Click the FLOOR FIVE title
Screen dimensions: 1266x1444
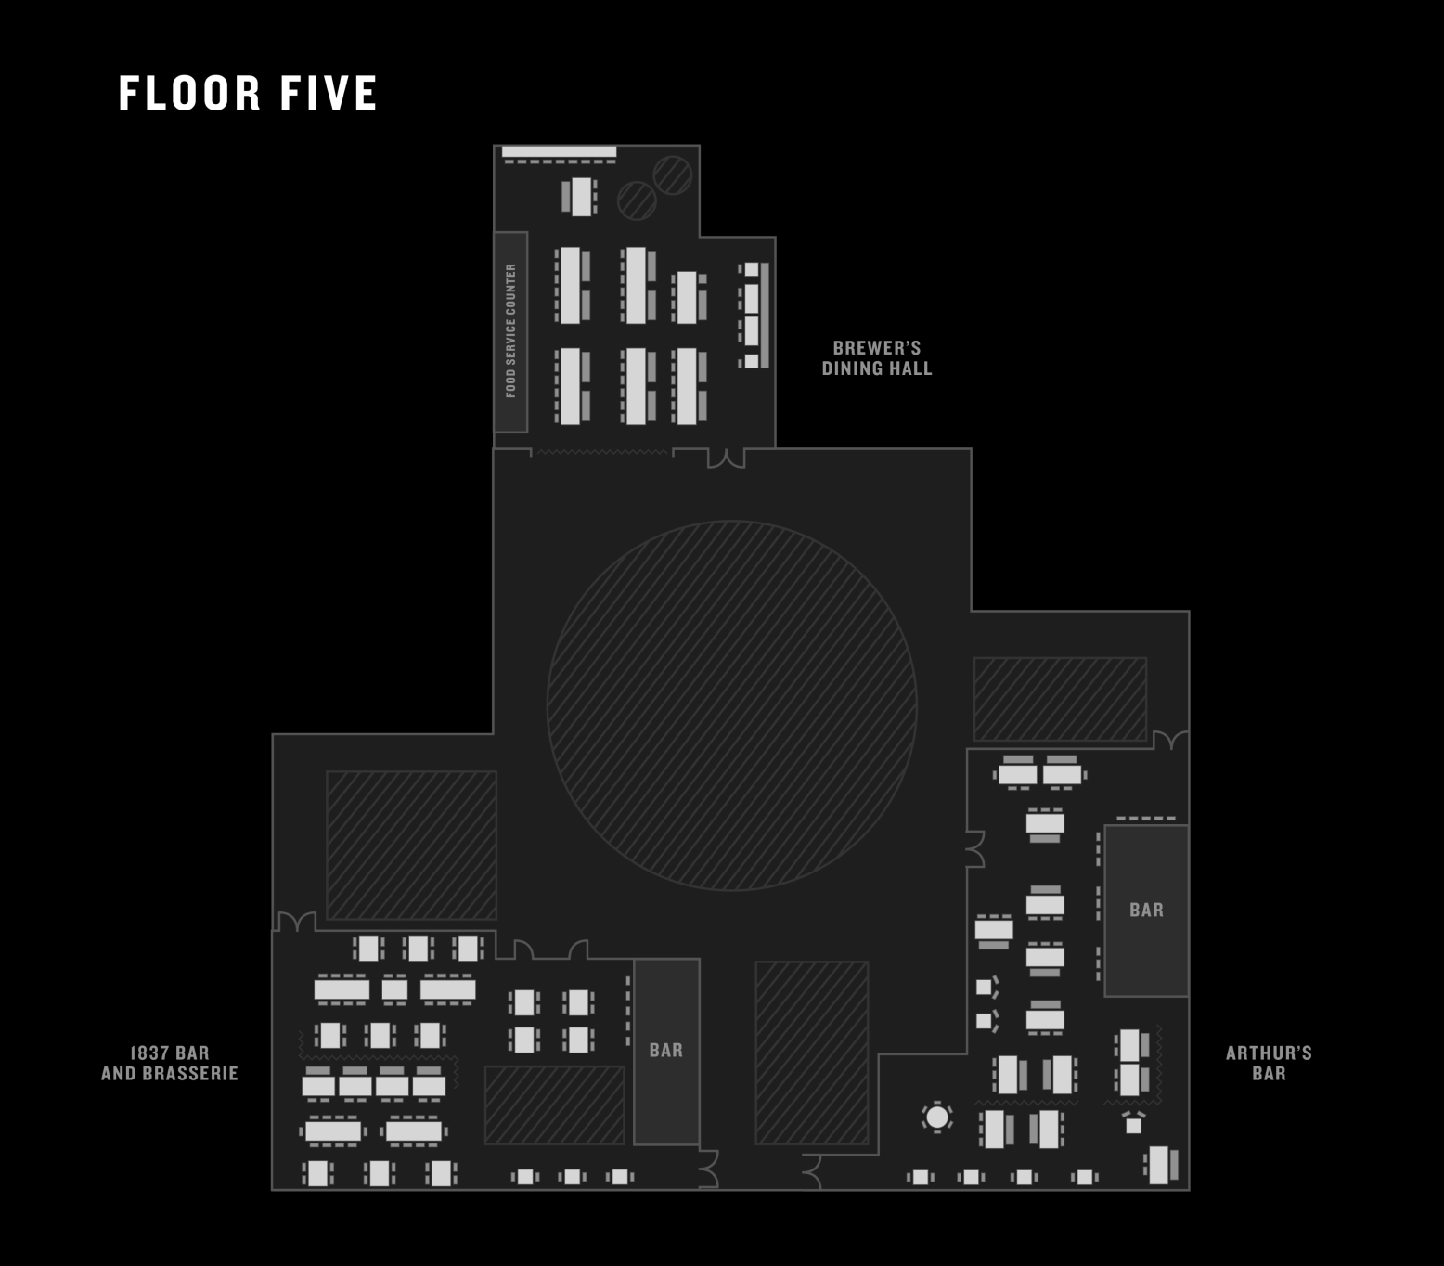click(248, 94)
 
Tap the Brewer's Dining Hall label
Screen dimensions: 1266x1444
click(876, 358)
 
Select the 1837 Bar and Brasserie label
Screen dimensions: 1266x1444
click(170, 1063)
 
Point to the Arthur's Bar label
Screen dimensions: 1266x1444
click(1268, 1063)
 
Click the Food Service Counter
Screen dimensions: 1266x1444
click(510, 331)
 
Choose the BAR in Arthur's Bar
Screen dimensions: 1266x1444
click(1146, 911)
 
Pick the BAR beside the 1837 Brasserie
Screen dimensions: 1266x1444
click(665, 1051)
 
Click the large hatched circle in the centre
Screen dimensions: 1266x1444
click(731, 705)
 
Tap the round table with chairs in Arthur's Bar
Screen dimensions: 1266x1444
click(937, 1117)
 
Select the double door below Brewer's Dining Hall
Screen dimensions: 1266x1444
click(726, 458)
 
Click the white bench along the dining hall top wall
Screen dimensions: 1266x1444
click(559, 151)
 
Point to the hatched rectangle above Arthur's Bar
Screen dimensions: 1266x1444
click(1060, 699)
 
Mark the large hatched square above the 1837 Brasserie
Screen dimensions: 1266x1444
click(411, 845)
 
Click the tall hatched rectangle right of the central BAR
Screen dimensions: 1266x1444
click(811, 1053)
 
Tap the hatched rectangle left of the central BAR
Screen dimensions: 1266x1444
click(554, 1105)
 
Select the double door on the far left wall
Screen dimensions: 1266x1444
click(296, 922)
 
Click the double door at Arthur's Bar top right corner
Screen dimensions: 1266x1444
click(1170, 740)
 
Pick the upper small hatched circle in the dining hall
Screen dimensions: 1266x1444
click(672, 174)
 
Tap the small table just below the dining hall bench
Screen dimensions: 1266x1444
click(580, 197)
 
